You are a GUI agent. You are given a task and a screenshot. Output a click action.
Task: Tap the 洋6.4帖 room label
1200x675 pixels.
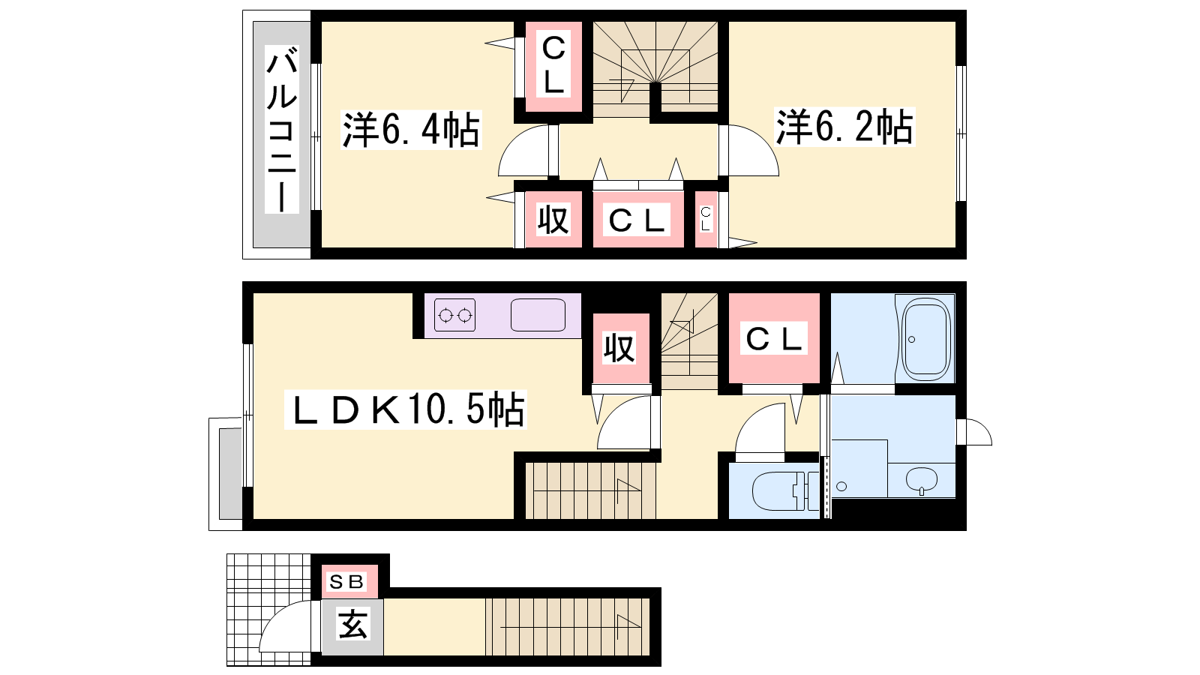coord(411,130)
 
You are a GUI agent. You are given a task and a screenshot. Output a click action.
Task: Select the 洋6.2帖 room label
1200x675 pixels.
coord(844,127)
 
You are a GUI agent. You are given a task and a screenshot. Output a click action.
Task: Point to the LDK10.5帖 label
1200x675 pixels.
coord(406,409)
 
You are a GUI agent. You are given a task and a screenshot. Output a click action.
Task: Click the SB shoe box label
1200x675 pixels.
coord(346,582)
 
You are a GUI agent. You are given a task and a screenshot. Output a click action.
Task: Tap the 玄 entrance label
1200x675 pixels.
coord(352,623)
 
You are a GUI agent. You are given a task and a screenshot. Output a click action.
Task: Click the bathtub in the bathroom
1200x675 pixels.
coord(926,339)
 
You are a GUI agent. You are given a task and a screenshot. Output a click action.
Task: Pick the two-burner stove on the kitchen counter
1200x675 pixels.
coord(455,315)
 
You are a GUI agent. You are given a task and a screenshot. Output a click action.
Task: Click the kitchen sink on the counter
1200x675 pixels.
coord(538,315)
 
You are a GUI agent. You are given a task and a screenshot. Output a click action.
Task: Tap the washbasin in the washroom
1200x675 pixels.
coord(922,479)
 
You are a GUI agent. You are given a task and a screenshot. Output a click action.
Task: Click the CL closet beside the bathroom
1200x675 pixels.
coord(775,339)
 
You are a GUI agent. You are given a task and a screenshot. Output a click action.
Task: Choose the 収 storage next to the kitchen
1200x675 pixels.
coord(619,348)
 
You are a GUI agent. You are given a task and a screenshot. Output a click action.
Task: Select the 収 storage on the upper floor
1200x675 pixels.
coord(553,220)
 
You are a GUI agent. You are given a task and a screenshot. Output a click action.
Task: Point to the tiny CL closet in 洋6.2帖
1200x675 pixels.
coord(706,220)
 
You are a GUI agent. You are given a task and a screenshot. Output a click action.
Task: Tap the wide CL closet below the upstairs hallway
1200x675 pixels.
coord(637,220)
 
